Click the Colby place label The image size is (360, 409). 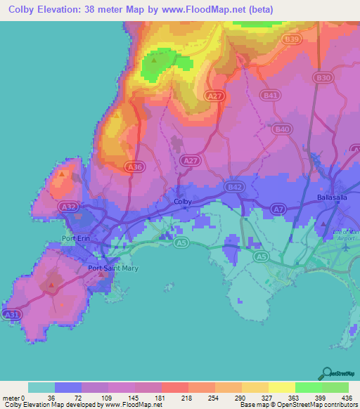coord(183,202)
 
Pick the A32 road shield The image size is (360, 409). coord(69,207)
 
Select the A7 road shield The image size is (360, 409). coord(279,209)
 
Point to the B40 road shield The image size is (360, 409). coord(283,129)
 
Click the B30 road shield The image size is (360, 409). coord(323,77)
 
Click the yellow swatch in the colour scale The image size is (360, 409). coord(281,388)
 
